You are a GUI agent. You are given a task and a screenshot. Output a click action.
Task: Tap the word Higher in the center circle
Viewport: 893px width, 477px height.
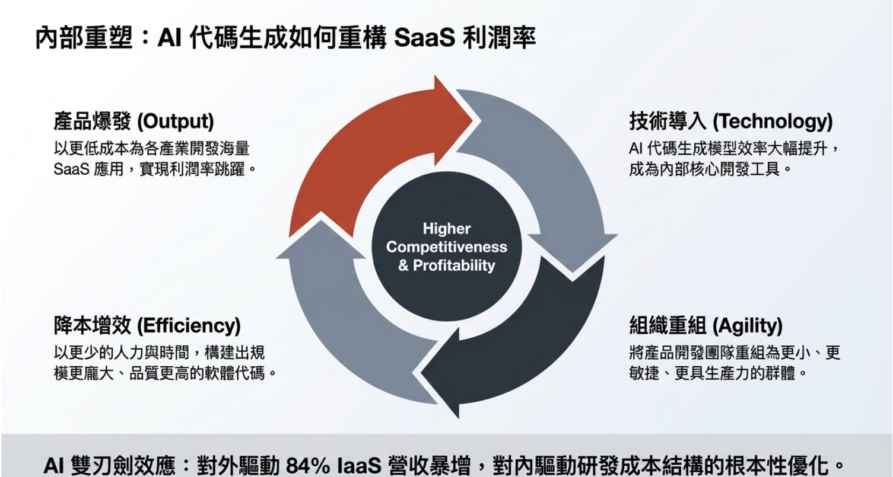pos(447,229)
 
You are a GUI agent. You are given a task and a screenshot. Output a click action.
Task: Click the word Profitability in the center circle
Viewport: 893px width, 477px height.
pos(454,265)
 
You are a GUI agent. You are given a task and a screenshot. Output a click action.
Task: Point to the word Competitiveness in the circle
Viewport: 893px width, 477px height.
pos(447,246)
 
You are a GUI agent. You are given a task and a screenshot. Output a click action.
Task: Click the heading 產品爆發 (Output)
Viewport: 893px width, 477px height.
pos(134,122)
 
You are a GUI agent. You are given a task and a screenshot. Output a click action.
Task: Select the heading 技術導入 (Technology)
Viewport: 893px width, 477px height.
pos(730,122)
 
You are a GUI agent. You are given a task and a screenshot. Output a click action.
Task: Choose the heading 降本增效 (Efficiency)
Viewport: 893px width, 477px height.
pos(147,325)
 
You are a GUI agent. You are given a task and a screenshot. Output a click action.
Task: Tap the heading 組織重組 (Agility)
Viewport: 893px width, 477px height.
pos(705,325)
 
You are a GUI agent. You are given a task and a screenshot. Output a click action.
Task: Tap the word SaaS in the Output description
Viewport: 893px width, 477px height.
pos(71,169)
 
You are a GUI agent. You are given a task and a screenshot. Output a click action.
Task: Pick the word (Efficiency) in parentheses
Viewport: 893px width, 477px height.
pos(189,325)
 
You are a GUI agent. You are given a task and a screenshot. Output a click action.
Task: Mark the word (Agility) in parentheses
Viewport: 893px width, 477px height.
pos(747,325)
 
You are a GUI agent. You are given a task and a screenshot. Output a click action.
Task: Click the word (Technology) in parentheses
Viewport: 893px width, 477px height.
pos(772,122)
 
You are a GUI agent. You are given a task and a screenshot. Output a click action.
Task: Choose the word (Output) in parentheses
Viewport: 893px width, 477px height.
pos(175,122)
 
